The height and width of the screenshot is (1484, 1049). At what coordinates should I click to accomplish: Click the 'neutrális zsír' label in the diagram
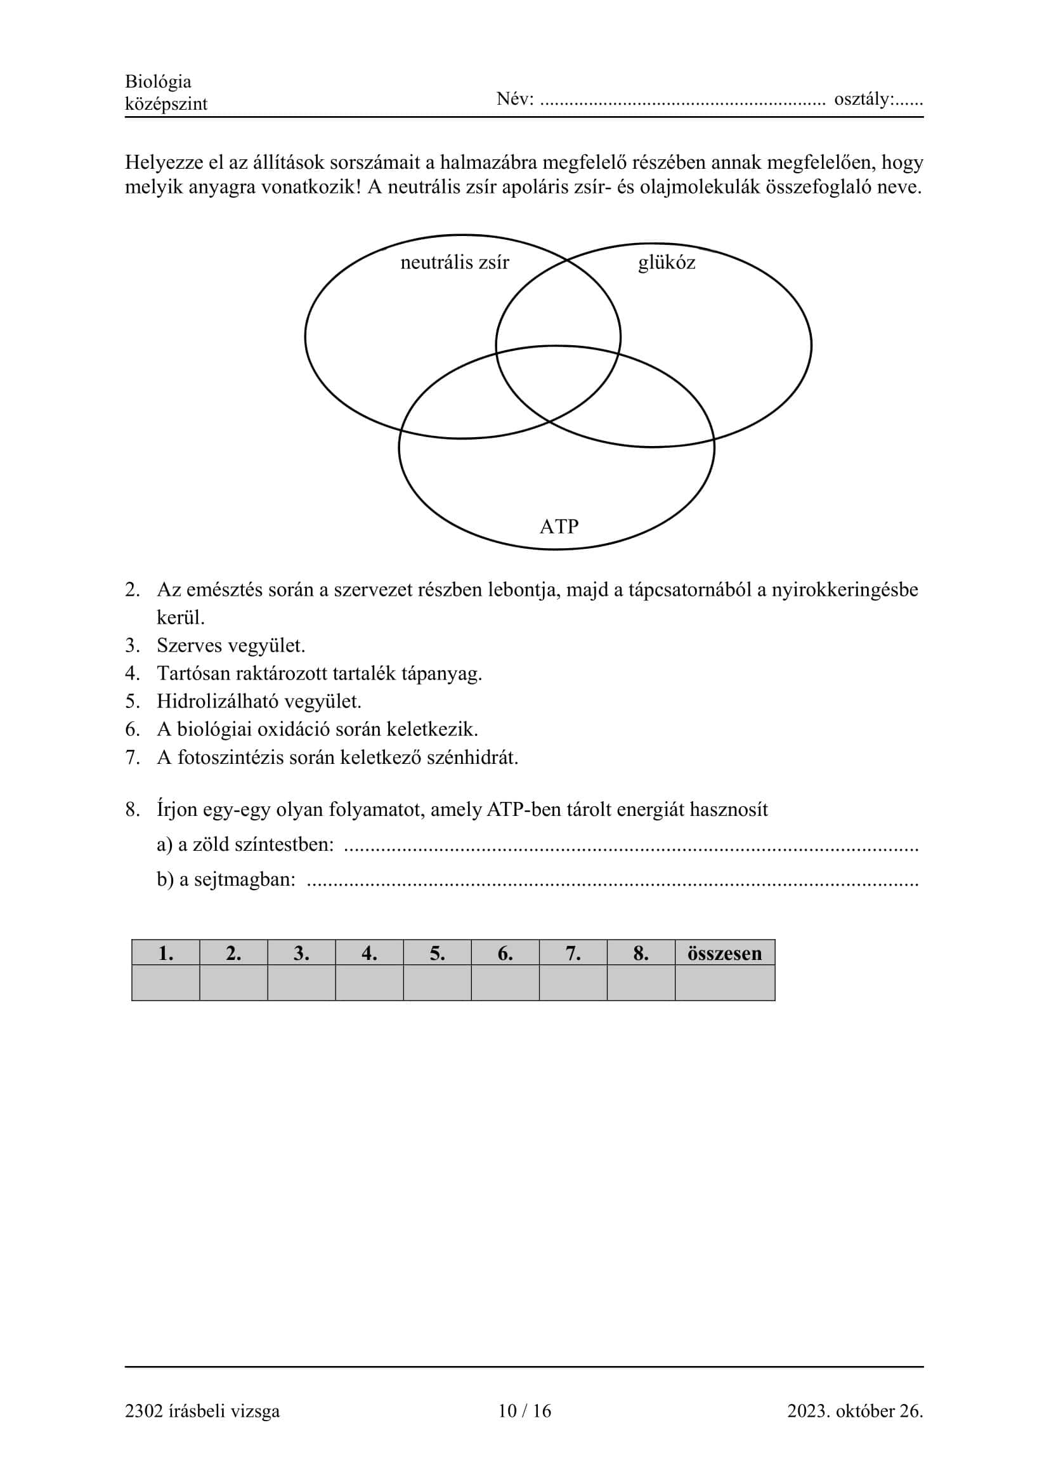pyautogui.click(x=454, y=263)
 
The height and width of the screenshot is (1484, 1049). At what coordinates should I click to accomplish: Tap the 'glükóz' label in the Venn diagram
pyautogui.click(x=666, y=263)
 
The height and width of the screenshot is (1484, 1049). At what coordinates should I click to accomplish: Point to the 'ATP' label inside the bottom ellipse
pyautogui.click(x=559, y=526)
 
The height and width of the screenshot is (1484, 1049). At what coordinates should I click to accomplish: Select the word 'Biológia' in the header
pyautogui.click(x=159, y=81)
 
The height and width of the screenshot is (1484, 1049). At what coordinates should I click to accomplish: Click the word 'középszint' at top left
pyautogui.click(x=166, y=103)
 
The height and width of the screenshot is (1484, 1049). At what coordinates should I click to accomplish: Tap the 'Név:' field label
pyautogui.click(x=515, y=99)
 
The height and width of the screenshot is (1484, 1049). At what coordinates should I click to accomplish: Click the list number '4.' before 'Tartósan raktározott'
pyautogui.click(x=133, y=674)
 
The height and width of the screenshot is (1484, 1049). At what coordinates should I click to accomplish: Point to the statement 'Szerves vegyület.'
pyautogui.click(x=231, y=645)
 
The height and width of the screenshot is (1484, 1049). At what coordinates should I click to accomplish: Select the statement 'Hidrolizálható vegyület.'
pyautogui.click(x=258, y=701)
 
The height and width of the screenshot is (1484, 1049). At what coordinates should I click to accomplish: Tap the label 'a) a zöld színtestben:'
pyautogui.click(x=245, y=844)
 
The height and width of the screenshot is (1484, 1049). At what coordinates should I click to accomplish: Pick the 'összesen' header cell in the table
pyautogui.click(x=724, y=954)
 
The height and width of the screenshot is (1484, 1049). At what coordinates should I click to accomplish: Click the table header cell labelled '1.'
pyautogui.click(x=166, y=954)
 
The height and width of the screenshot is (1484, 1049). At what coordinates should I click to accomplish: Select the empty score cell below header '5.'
pyautogui.click(x=438, y=983)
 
